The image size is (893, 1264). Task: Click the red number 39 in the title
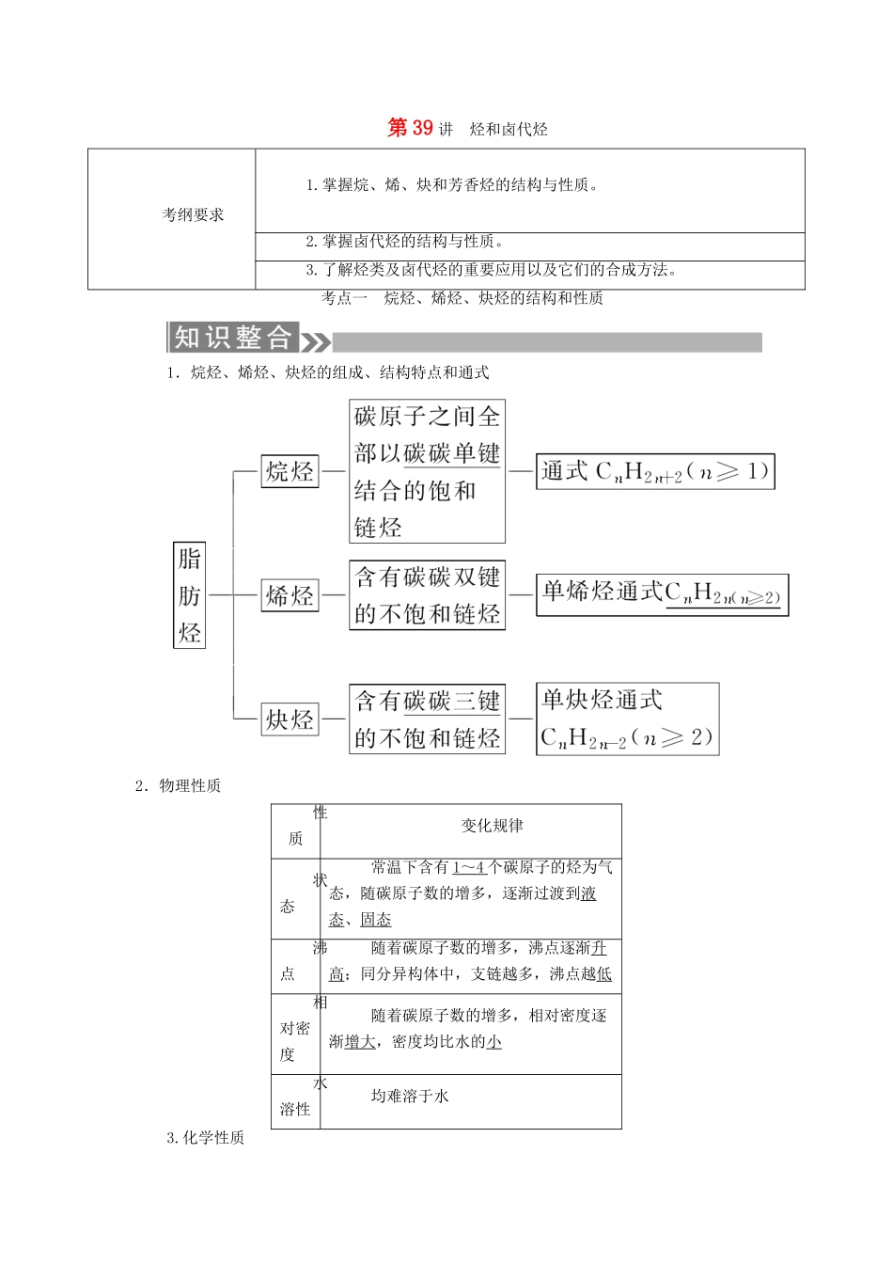[x=422, y=128]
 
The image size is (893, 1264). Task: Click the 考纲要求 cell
[x=193, y=214]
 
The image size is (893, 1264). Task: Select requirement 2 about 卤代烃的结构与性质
[x=405, y=242]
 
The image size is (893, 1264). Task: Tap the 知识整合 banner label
[x=233, y=338]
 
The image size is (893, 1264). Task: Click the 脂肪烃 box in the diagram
[x=189, y=595]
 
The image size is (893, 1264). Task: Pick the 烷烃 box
[x=290, y=471]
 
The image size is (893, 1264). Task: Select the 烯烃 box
[x=290, y=595]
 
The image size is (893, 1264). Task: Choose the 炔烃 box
[x=290, y=719]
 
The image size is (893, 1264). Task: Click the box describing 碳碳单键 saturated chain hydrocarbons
[x=427, y=471]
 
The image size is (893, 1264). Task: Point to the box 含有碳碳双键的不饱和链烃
[x=427, y=595]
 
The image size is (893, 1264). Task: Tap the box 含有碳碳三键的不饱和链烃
[x=427, y=719]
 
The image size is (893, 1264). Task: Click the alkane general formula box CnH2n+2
[x=655, y=472]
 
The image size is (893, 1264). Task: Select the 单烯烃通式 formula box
[x=662, y=594]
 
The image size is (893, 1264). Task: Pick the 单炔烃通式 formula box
[x=627, y=719]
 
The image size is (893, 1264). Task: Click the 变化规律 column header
[x=492, y=826]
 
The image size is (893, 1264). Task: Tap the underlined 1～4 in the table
[x=468, y=867]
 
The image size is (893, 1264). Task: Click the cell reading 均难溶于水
[x=410, y=1096]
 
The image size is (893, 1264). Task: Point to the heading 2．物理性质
[x=178, y=785]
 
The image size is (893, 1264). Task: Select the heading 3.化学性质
[x=205, y=1138]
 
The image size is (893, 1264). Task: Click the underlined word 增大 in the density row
[x=360, y=1042]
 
